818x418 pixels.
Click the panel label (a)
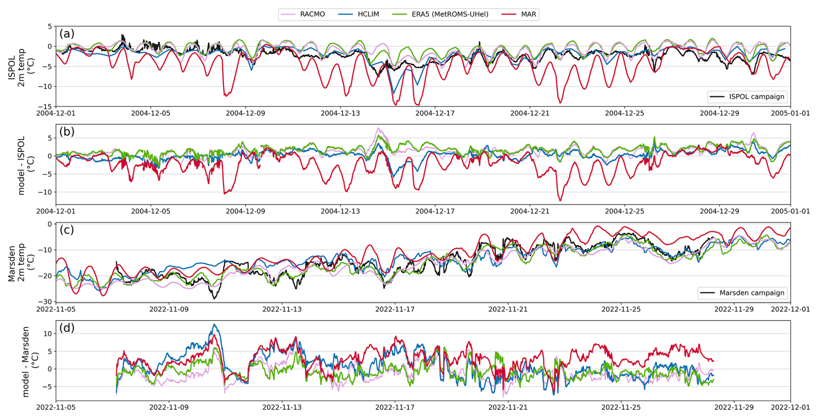tap(67, 33)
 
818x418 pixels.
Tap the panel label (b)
tap(67, 132)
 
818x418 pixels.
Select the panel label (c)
tap(67, 230)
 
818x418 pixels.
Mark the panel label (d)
tap(67, 328)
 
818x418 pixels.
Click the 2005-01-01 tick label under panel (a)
tap(790, 114)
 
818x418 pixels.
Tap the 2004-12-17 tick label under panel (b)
tap(435, 212)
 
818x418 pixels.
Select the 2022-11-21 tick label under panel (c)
tap(508, 309)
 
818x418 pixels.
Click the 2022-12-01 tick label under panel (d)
tap(790, 407)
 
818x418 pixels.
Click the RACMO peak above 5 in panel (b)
tap(378, 129)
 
